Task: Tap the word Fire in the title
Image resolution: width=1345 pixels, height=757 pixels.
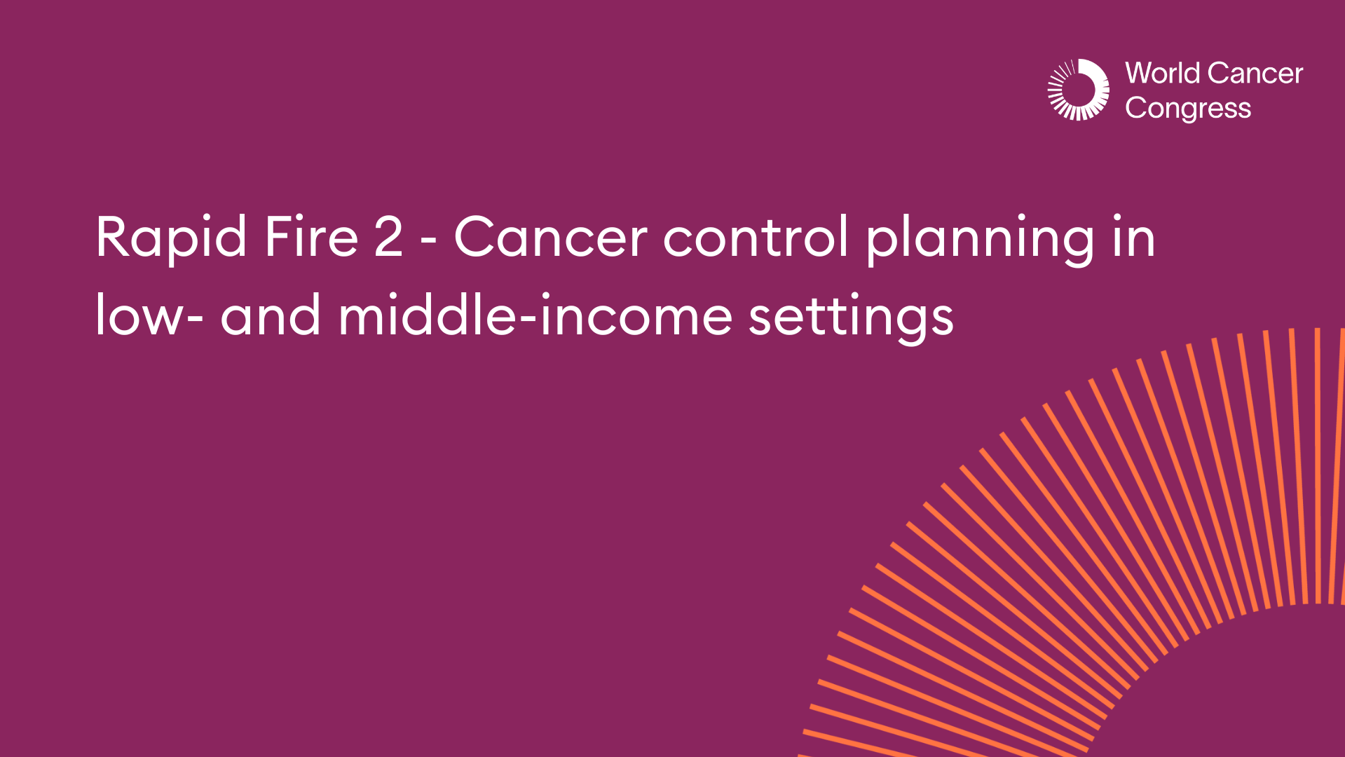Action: point(311,237)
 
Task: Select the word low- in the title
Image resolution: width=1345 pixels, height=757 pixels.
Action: point(149,315)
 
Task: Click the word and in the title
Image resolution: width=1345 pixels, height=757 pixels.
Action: point(271,315)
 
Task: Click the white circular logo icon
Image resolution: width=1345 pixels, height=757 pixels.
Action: point(1078,90)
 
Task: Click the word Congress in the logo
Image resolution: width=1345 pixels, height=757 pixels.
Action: point(1188,109)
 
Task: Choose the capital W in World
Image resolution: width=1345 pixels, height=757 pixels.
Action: point(1140,74)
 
